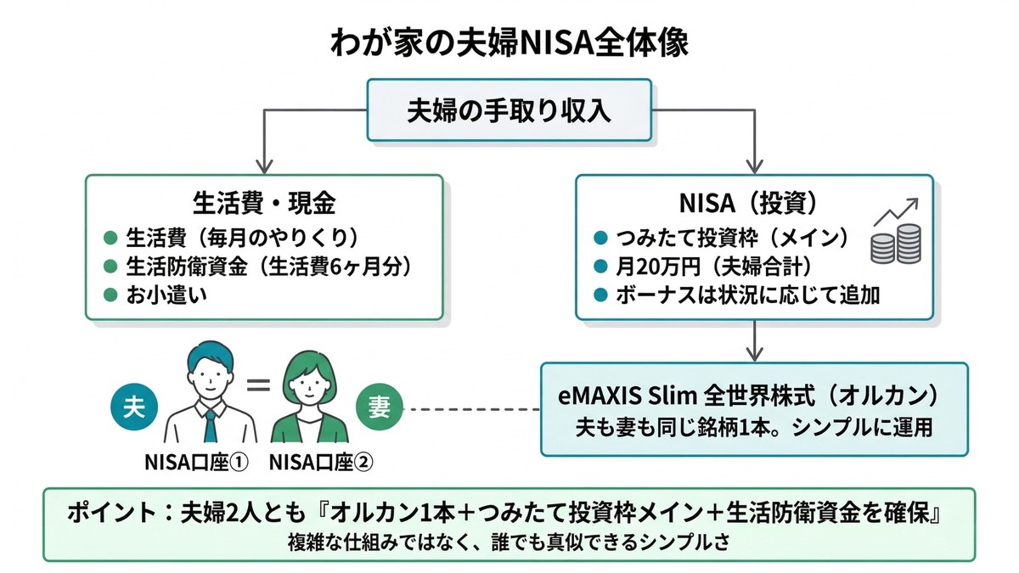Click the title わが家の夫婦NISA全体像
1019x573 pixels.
tap(509, 43)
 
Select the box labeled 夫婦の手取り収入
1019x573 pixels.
tap(509, 110)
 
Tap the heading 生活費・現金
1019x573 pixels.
tap(264, 204)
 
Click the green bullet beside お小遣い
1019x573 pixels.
tap(109, 295)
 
